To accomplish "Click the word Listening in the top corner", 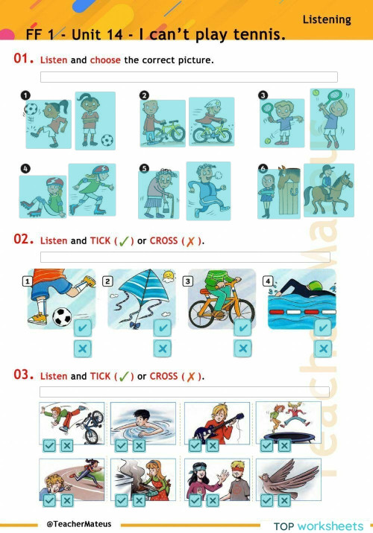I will (x=327, y=19).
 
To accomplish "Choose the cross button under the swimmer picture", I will (x=323, y=348).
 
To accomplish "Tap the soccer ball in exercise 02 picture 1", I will (x=63, y=316).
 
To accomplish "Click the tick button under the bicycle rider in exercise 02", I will (x=242, y=328).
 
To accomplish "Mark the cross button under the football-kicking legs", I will (x=83, y=348).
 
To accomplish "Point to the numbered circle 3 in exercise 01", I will (x=263, y=95).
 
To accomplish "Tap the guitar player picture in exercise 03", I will (x=205, y=423).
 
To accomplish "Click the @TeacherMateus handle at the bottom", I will (x=78, y=523).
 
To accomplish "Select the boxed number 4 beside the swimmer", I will (x=268, y=281).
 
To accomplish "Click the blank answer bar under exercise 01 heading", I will (x=188, y=77).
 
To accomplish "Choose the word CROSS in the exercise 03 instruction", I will (x=163, y=376).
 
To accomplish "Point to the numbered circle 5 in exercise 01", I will (x=144, y=169).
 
